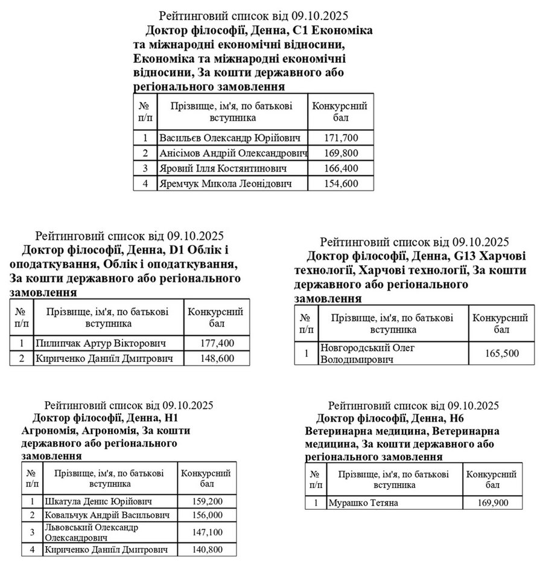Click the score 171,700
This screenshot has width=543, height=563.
(341, 138)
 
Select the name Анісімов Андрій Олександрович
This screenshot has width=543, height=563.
(233, 153)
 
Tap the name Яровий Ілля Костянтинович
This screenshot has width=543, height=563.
(223, 168)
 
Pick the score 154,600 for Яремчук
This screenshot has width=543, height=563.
(341, 183)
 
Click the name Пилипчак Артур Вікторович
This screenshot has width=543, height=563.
(101, 343)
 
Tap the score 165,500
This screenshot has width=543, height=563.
(501, 353)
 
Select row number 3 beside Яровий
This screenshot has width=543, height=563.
(145, 168)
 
